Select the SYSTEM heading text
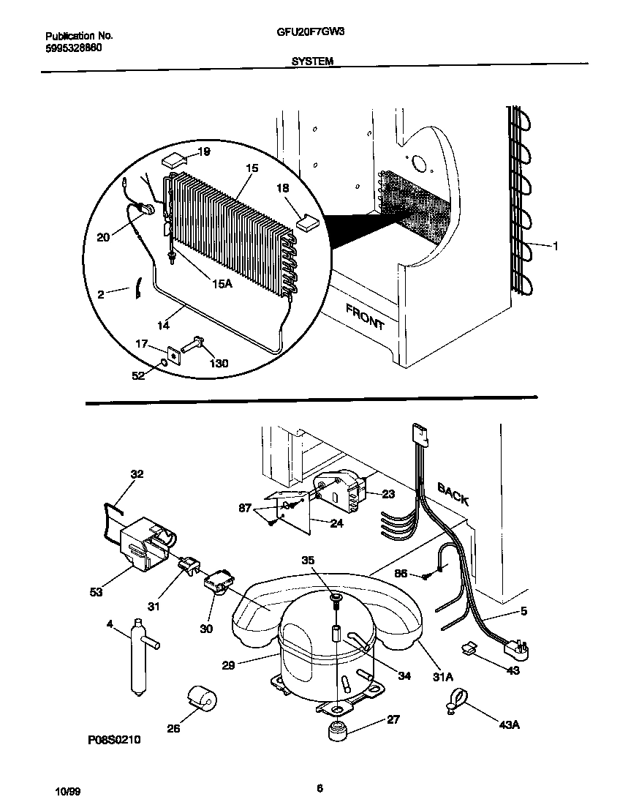[x=312, y=62]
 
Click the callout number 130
[x=219, y=363]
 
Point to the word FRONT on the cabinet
[x=365, y=318]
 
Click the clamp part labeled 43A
[x=453, y=705]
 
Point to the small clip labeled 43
[x=469, y=648]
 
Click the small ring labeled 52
[x=165, y=363]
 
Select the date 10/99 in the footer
[x=65, y=793]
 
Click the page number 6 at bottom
[x=320, y=788]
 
